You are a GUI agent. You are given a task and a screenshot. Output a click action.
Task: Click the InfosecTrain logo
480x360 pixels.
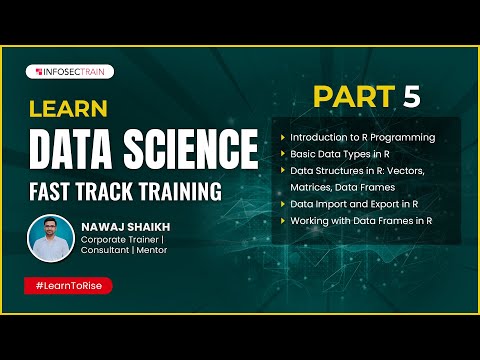[71, 72]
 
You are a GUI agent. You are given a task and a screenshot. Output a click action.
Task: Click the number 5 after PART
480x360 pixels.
[411, 97]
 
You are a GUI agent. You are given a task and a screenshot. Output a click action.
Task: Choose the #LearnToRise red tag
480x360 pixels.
[68, 286]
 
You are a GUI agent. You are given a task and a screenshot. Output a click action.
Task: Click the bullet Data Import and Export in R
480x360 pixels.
[353, 203]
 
